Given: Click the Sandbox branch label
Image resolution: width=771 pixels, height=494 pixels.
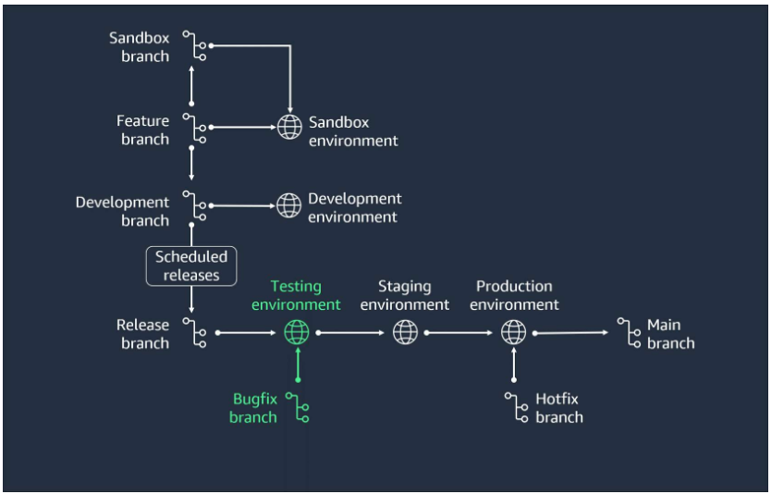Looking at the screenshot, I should (x=140, y=47).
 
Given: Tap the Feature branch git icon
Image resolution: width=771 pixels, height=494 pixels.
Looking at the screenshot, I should (x=194, y=129).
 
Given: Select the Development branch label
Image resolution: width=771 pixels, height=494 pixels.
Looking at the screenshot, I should (x=122, y=211).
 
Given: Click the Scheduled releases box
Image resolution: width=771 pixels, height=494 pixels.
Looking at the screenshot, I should (x=191, y=266).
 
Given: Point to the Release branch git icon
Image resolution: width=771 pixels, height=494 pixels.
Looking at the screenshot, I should (x=194, y=333).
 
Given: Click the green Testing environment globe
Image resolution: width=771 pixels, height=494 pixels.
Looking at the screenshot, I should (x=297, y=331).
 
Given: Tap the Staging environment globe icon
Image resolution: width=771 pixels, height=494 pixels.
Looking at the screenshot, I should (x=405, y=331).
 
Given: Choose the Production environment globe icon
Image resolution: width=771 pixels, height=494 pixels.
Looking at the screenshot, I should (x=513, y=331).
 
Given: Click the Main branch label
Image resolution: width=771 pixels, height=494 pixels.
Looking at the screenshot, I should (x=670, y=334).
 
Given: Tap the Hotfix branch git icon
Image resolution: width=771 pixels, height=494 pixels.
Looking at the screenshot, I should (x=515, y=408).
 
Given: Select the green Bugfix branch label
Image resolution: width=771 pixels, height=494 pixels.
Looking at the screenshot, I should (x=254, y=408).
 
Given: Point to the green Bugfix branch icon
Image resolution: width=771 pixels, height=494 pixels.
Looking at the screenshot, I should (x=298, y=408).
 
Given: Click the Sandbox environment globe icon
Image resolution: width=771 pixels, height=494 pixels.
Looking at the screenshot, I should (x=289, y=127).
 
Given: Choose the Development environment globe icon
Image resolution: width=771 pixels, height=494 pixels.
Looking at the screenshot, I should (x=289, y=204).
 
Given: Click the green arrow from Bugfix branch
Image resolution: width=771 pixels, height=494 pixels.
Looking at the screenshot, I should (x=298, y=364).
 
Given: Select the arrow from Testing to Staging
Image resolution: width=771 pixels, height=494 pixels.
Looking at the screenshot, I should (x=351, y=331).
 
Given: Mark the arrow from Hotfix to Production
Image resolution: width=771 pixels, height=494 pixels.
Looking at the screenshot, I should (x=514, y=365).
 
